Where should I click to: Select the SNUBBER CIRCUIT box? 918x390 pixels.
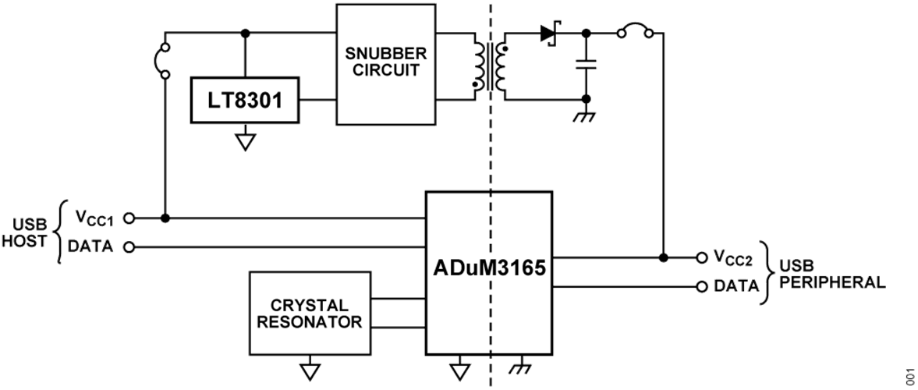tap(385, 63)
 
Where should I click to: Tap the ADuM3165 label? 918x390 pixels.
tap(490, 270)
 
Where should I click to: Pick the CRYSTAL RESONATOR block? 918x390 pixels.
tap(310, 312)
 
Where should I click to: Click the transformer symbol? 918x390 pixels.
tap(490, 68)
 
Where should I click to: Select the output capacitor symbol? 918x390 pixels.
tap(586, 65)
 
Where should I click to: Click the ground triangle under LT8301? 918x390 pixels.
tap(246, 142)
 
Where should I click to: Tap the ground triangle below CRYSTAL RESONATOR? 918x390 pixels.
tap(310, 370)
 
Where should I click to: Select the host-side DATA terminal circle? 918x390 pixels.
tap(129, 247)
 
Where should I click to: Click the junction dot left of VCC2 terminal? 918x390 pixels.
tap(664, 257)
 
